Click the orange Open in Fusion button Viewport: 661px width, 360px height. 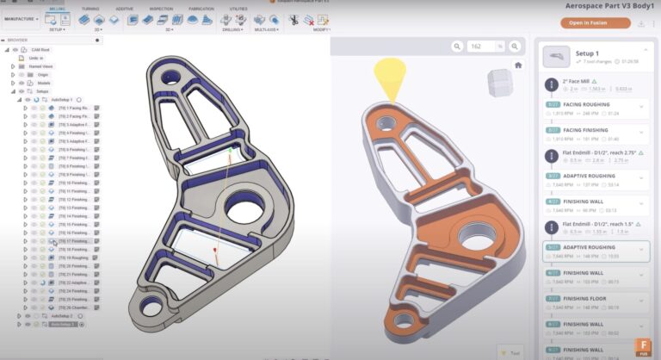click(x=588, y=22)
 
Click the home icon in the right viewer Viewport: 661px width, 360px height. click(x=518, y=65)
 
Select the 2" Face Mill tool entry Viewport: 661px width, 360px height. click(x=577, y=81)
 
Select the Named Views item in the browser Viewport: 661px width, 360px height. click(x=40, y=66)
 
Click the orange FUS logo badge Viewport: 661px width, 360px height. click(x=641, y=346)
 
